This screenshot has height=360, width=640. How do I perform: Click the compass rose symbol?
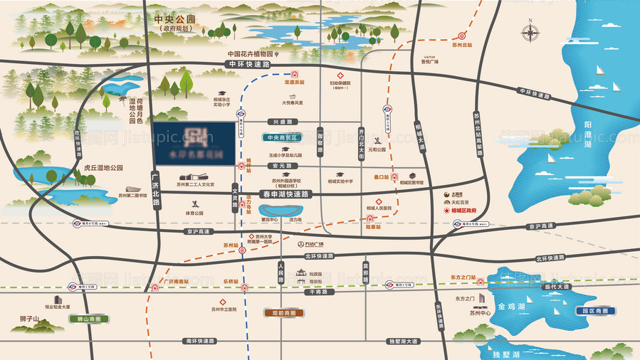coord(530,32)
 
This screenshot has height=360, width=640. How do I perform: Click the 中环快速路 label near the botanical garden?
coord(249,63)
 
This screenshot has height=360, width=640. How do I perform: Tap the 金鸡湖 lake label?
coord(511,307)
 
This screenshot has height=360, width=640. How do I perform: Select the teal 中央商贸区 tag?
coord(283,137)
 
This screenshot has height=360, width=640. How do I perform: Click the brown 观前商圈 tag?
coord(287,312)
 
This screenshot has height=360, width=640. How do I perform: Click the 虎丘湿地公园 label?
coord(103,168)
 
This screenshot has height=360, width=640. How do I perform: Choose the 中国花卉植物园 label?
coord(251,53)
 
